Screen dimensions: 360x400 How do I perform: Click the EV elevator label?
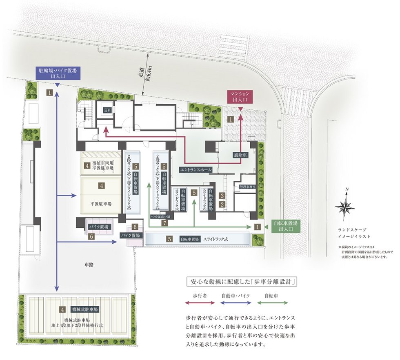coord(107,110)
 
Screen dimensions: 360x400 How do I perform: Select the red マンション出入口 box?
coord(240,96)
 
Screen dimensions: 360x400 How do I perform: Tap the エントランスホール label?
coord(196,169)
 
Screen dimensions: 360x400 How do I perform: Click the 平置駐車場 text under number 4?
coord(102,203)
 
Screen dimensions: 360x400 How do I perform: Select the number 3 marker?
coord(222,196)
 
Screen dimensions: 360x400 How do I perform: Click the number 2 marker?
coord(222,204)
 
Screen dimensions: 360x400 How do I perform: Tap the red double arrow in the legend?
coord(200,303)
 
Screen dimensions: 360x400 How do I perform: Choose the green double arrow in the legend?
coord(273,303)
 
